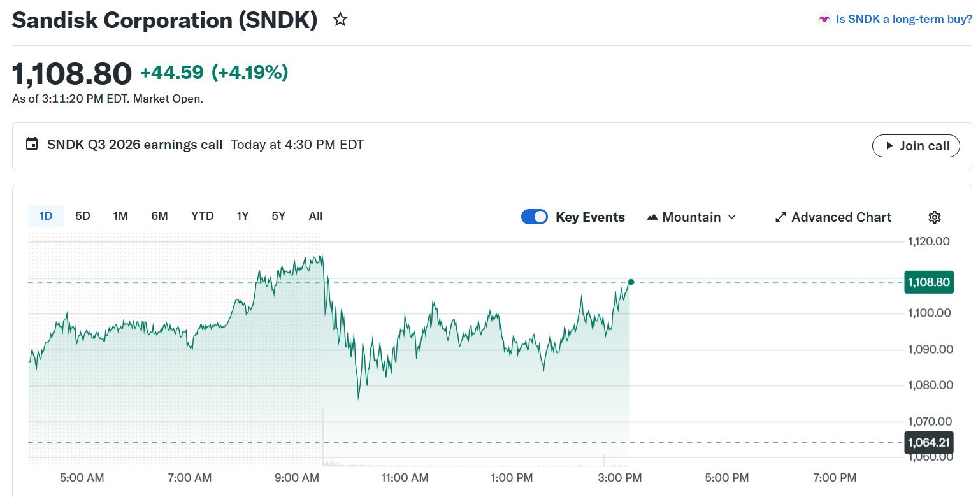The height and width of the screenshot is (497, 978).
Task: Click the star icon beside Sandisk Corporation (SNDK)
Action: (x=340, y=20)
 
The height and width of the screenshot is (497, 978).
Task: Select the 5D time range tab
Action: (x=83, y=216)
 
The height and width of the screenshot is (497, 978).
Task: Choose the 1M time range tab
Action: (x=120, y=216)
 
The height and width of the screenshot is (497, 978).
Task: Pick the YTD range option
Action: (x=203, y=216)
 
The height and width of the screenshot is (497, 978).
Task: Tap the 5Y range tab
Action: (x=278, y=216)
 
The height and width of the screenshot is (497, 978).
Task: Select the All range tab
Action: (x=315, y=216)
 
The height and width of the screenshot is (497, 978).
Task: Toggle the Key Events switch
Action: (x=535, y=217)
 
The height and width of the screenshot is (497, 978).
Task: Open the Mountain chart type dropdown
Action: (x=691, y=217)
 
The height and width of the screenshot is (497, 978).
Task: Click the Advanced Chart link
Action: (x=833, y=217)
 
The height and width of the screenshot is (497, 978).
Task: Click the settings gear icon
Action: (x=935, y=217)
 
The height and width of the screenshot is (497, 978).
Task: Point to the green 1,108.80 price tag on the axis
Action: (x=928, y=282)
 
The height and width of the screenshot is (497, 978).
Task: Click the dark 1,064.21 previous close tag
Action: (x=928, y=442)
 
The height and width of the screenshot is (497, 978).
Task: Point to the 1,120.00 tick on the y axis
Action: (x=928, y=241)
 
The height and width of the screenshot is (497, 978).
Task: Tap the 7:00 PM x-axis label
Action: (x=835, y=478)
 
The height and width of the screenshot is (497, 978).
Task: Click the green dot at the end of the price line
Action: (x=631, y=282)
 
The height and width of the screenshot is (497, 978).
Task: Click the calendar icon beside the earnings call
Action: (x=32, y=144)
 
